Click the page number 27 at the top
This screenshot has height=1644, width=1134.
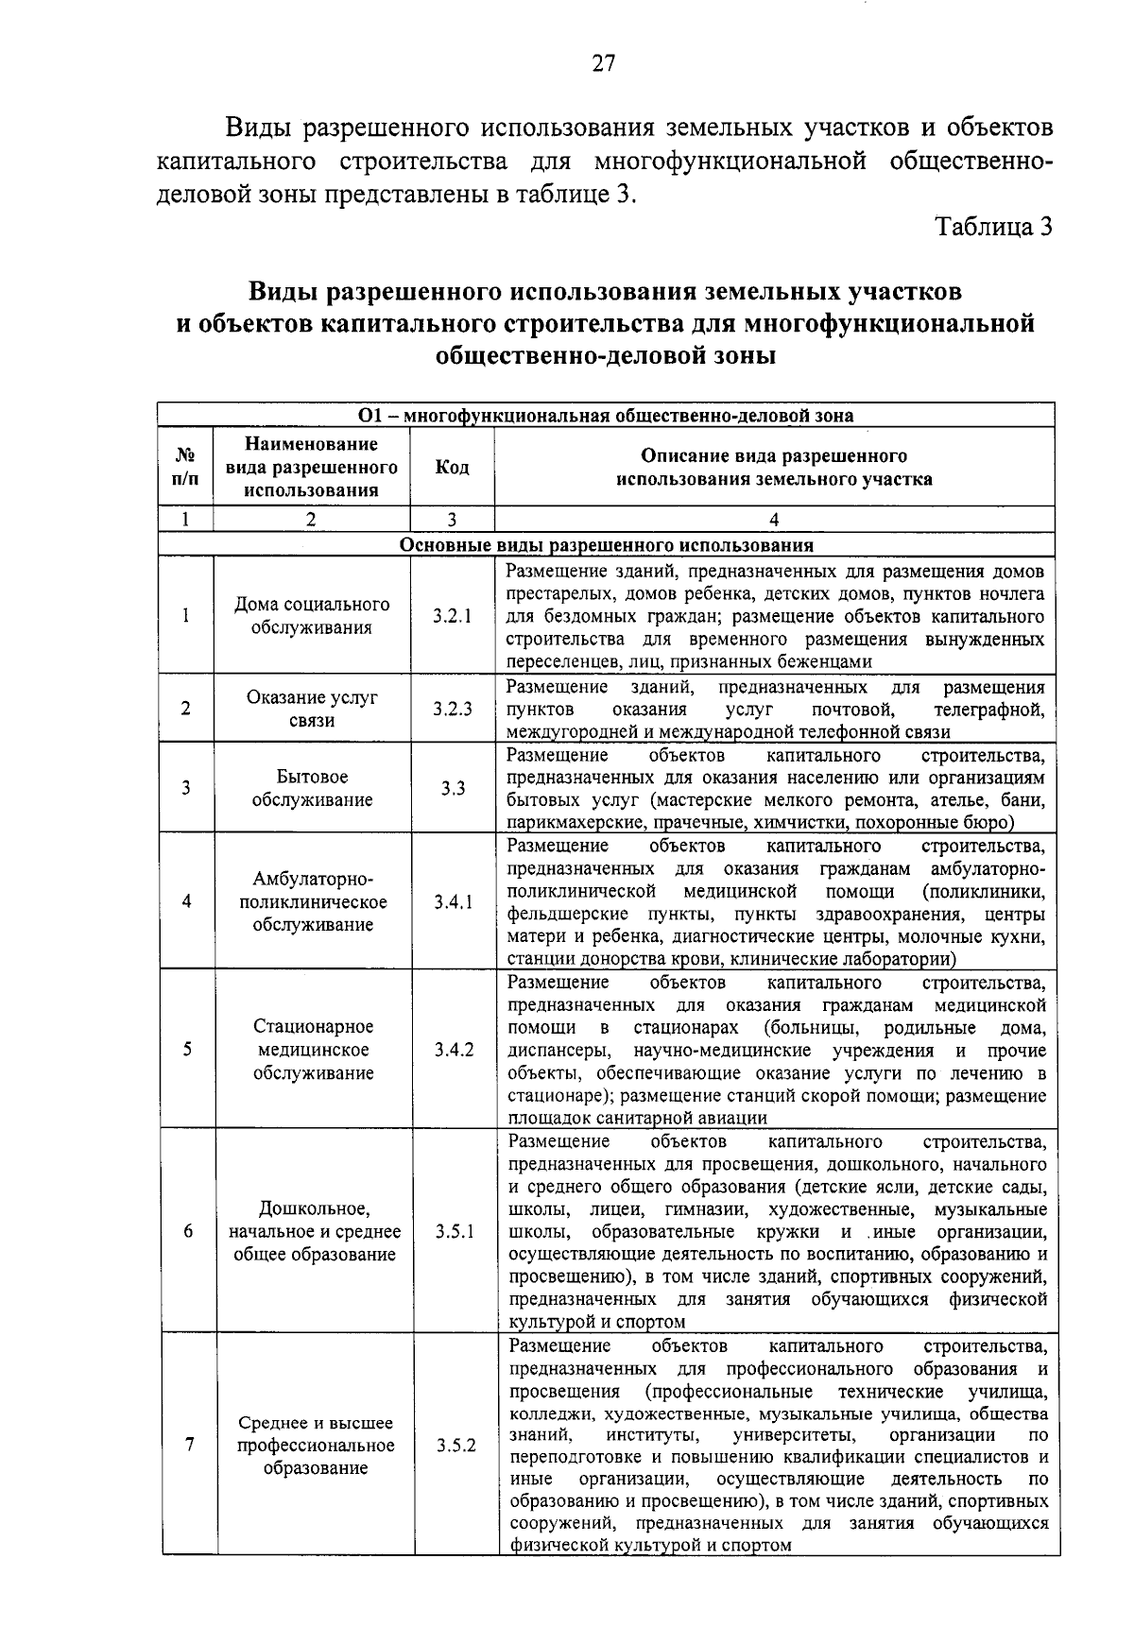click(x=603, y=63)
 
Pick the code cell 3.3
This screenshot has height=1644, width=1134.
click(x=452, y=788)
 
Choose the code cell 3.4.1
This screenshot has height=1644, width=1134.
click(x=453, y=901)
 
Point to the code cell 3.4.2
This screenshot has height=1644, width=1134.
click(x=454, y=1050)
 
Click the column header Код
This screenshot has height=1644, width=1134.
click(x=452, y=468)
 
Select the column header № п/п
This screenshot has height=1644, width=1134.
click(x=185, y=467)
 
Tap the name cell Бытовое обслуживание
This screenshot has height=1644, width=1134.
click(x=312, y=788)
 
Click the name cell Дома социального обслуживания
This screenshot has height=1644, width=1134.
click(x=312, y=616)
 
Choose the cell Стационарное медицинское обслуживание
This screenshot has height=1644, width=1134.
click(x=313, y=1050)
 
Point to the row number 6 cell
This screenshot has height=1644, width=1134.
click(x=187, y=1231)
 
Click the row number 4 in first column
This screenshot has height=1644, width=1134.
click(x=186, y=901)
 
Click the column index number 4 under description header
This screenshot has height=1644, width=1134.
click(x=774, y=519)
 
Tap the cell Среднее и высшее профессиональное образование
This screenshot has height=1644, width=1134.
click(x=315, y=1446)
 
